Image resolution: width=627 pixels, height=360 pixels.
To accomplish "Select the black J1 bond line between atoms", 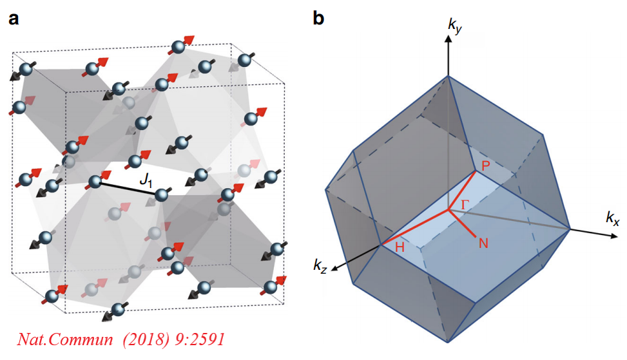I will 128,188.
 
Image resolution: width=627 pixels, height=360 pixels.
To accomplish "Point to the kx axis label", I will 612,220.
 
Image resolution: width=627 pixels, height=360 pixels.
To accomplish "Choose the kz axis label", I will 320,264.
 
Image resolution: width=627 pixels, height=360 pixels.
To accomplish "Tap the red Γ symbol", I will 465,204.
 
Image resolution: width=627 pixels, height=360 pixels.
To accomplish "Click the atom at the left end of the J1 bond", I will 95,182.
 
